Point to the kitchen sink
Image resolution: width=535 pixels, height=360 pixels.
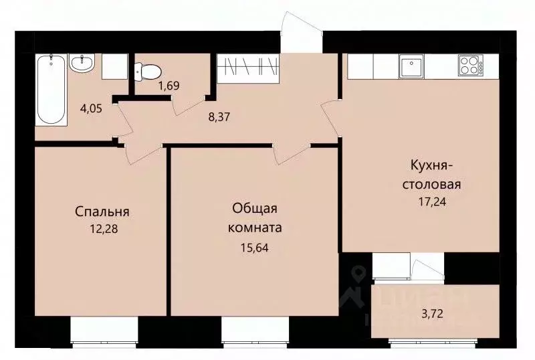[x=409, y=66]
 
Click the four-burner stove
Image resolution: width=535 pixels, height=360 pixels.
[x=469, y=66]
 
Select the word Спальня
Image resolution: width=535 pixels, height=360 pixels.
[x=102, y=212]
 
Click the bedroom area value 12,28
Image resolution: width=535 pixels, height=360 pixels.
[x=102, y=228]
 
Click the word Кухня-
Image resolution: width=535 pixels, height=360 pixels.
[x=433, y=166]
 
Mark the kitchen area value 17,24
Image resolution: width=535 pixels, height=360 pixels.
[x=433, y=199]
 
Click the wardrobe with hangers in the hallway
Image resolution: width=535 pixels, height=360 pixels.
[x=247, y=67]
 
